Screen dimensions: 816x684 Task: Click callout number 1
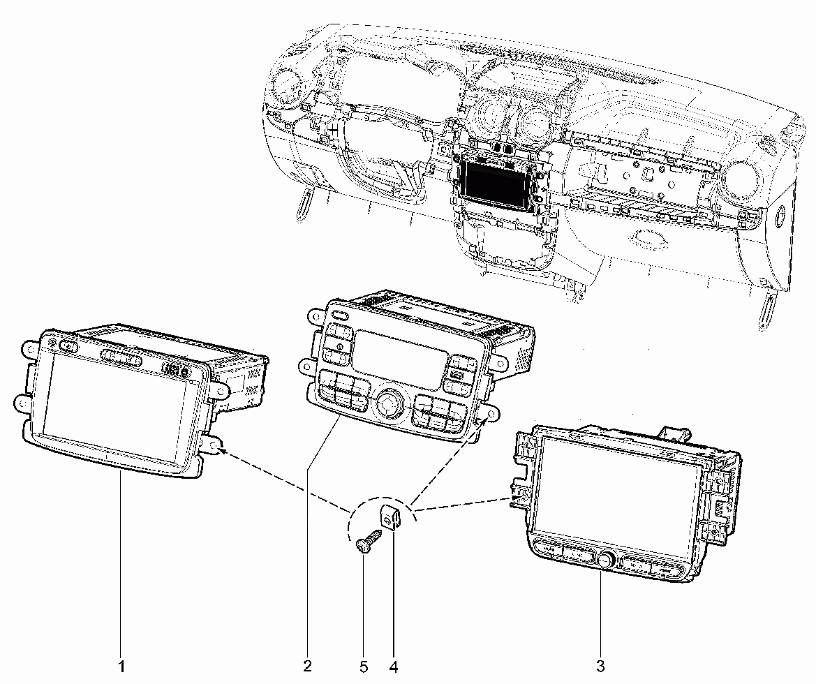(x=121, y=667)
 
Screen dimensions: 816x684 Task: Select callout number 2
(x=307, y=665)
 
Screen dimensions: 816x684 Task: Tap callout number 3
(x=600, y=665)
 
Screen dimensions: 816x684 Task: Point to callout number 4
(x=393, y=667)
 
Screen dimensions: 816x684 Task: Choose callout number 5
(x=363, y=667)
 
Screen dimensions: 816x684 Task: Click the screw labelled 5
(x=367, y=541)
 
